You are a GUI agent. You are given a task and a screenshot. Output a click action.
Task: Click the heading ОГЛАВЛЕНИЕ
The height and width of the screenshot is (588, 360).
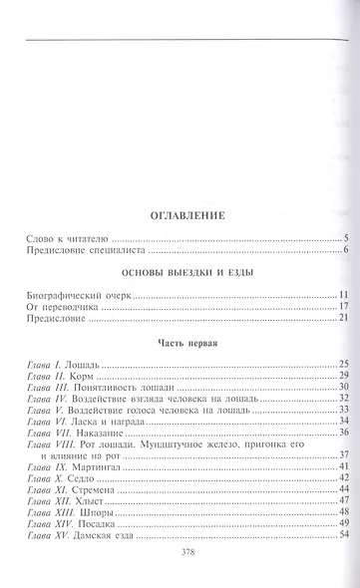point(180,214)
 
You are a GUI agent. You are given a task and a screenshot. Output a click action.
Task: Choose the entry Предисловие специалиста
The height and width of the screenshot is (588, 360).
point(84,250)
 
